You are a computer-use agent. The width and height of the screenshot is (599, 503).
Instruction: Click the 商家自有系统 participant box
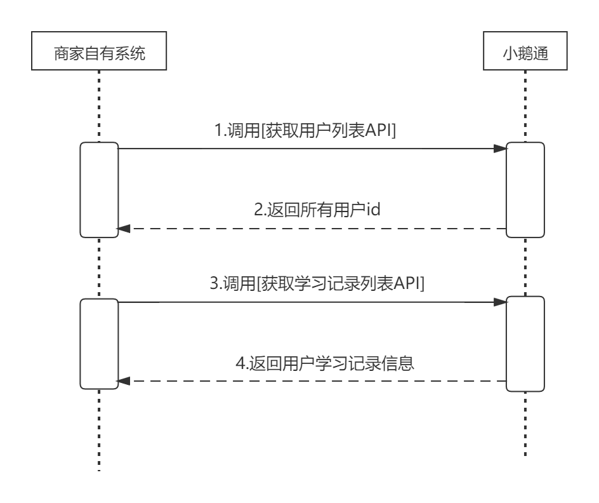tap(99, 53)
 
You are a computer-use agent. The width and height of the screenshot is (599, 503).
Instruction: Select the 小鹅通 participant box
tap(525, 53)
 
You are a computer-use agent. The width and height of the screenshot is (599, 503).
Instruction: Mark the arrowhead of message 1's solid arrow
tap(500, 149)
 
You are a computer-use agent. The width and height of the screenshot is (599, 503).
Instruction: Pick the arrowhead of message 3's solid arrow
tap(500, 303)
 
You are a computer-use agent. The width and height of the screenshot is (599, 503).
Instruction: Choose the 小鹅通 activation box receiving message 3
tap(525, 344)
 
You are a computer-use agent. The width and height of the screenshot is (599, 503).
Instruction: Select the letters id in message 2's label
tap(373, 210)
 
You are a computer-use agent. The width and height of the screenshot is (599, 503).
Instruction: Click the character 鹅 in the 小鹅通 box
tap(525, 53)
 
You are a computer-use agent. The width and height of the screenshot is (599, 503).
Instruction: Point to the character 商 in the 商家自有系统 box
tap(58, 53)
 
